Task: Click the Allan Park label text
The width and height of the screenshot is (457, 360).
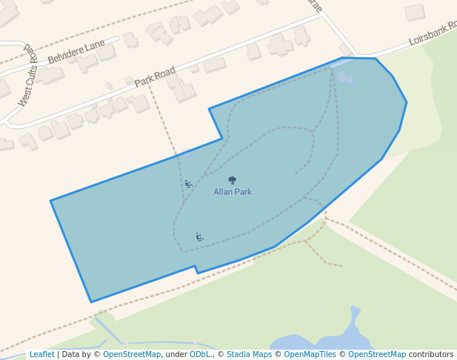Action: pos(233,192)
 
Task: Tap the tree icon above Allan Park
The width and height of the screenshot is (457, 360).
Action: pos(233,180)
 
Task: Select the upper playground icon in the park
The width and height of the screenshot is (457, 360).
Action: pos(188,184)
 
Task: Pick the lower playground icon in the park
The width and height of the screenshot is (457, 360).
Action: pos(199,237)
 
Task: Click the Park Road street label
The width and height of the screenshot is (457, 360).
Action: pos(155,76)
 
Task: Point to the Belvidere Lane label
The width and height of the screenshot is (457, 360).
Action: pos(76,52)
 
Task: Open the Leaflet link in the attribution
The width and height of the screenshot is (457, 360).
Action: pos(41,354)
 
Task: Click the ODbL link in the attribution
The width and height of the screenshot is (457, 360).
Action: pos(200,354)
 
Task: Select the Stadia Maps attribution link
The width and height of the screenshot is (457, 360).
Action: pos(249,354)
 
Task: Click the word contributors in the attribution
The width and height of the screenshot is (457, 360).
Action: pos(431,354)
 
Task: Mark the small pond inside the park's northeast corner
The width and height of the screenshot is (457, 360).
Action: pos(345,77)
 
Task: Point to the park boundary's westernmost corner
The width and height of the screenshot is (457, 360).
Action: pos(50,201)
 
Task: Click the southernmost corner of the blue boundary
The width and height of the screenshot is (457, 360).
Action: pos(91,302)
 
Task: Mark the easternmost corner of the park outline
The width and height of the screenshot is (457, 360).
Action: pos(407,102)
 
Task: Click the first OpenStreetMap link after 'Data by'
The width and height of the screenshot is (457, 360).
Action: pos(132,354)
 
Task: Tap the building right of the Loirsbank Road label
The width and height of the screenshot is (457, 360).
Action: pos(415,12)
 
